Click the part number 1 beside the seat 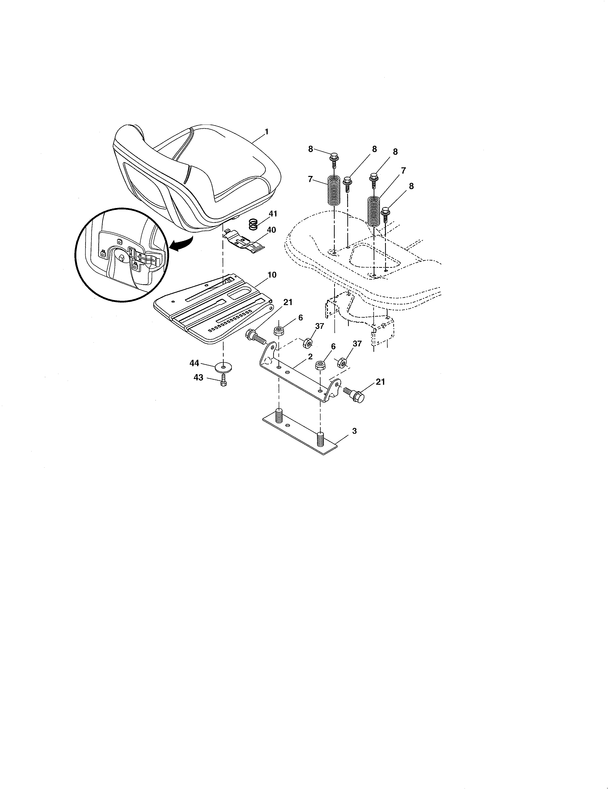267,132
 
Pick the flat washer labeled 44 223,368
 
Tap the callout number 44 194,363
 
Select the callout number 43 198,378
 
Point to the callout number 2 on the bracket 310,356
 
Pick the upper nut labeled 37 308,342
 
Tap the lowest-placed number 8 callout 411,186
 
